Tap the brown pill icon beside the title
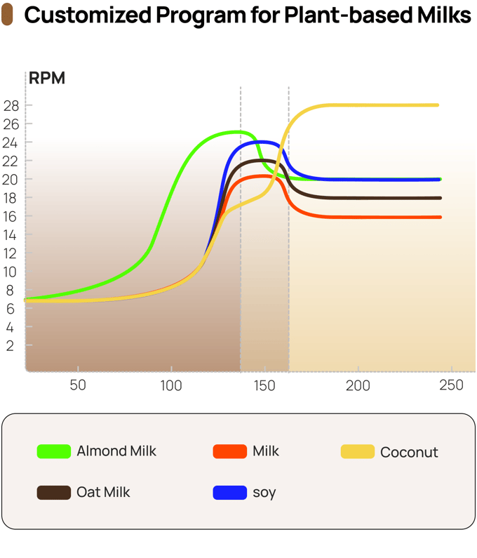click(8, 16)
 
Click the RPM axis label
click(46, 78)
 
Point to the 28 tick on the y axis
click(11, 106)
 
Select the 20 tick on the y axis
click(11, 180)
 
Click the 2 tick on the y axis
click(11, 346)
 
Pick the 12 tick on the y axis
click(11, 253)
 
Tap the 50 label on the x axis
click(78, 385)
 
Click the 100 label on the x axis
click(171, 385)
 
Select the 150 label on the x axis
click(264, 385)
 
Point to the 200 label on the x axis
click(358, 385)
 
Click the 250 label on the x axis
click(451, 385)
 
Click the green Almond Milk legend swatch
click(54, 452)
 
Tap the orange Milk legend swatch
click(229, 452)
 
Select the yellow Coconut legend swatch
click(358, 452)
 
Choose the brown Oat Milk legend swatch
click(54, 493)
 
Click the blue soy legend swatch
click(229, 493)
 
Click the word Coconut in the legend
click(409, 453)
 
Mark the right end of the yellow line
click(438, 105)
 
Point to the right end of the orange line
click(440, 218)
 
